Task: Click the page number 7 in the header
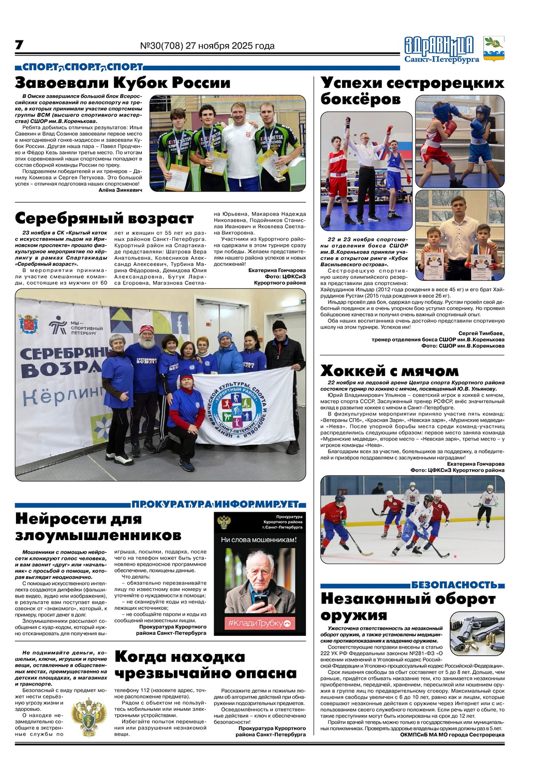[x=19, y=45]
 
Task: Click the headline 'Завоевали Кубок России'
[x=123, y=83]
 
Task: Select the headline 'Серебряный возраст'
[x=104, y=218]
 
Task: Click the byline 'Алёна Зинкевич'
[x=120, y=190]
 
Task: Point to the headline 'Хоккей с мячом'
[x=389, y=371]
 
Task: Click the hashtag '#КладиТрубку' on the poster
[x=260, y=623]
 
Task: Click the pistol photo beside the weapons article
[x=476, y=633]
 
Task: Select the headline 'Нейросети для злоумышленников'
[x=98, y=526]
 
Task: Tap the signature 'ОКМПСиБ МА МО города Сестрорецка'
[x=452, y=735]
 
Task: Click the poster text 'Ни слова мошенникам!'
[x=259, y=540]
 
